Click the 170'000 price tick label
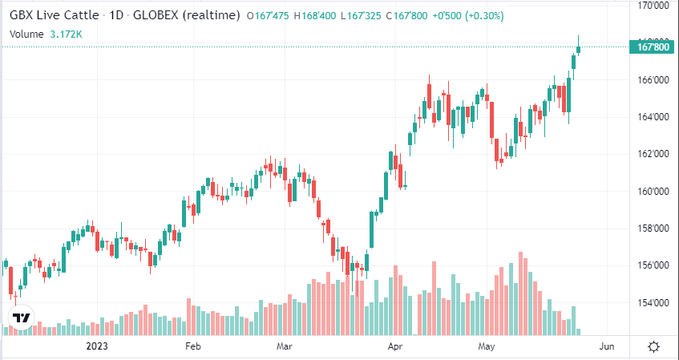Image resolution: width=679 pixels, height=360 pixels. [653, 6]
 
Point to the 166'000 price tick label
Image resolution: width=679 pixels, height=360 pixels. [653, 80]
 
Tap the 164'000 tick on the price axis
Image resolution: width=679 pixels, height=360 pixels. [653, 117]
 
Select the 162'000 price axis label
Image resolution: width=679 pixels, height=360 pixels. [653, 154]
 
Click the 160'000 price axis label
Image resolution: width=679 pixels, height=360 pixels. [653, 192]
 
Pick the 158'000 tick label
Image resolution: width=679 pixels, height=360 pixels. [653, 229]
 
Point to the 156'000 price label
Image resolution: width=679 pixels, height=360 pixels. [653, 265]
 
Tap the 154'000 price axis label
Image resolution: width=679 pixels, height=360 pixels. [653, 303]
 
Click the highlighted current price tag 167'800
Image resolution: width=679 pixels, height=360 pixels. [653, 48]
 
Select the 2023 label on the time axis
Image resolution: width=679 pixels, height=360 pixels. [96, 346]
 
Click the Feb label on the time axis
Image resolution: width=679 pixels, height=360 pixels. [192, 346]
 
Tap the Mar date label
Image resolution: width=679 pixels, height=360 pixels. [284, 346]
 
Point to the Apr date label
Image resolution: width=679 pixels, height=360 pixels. [394, 346]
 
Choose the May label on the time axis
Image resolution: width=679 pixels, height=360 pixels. [487, 346]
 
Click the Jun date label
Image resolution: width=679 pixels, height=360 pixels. [607, 346]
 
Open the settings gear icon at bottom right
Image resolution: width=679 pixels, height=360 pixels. [653, 346]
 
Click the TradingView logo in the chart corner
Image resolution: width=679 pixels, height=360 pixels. [22, 318]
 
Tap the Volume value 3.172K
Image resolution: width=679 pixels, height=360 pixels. [67, 34]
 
